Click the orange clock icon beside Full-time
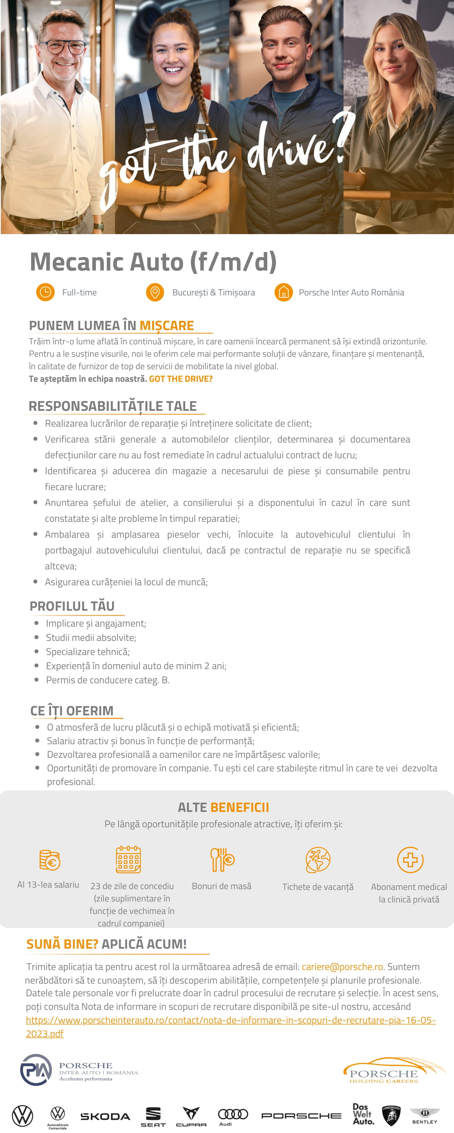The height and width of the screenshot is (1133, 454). coord(45,292)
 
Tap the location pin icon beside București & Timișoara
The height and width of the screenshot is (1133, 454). coord(155,292)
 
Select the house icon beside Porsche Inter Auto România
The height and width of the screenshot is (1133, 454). coord(284,292)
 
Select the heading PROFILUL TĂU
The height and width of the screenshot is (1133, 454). coord(72,606)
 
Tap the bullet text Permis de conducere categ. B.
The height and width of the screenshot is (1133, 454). coord(108,680)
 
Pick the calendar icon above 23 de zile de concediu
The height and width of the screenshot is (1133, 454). coord(128,859)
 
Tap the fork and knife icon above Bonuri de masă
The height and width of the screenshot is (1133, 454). coord(222,859)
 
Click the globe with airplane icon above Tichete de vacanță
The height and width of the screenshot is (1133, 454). coord(318,859)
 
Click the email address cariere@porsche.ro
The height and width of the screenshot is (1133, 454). coord(342,967)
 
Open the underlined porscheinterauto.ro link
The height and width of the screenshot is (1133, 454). coord(230,1020)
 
